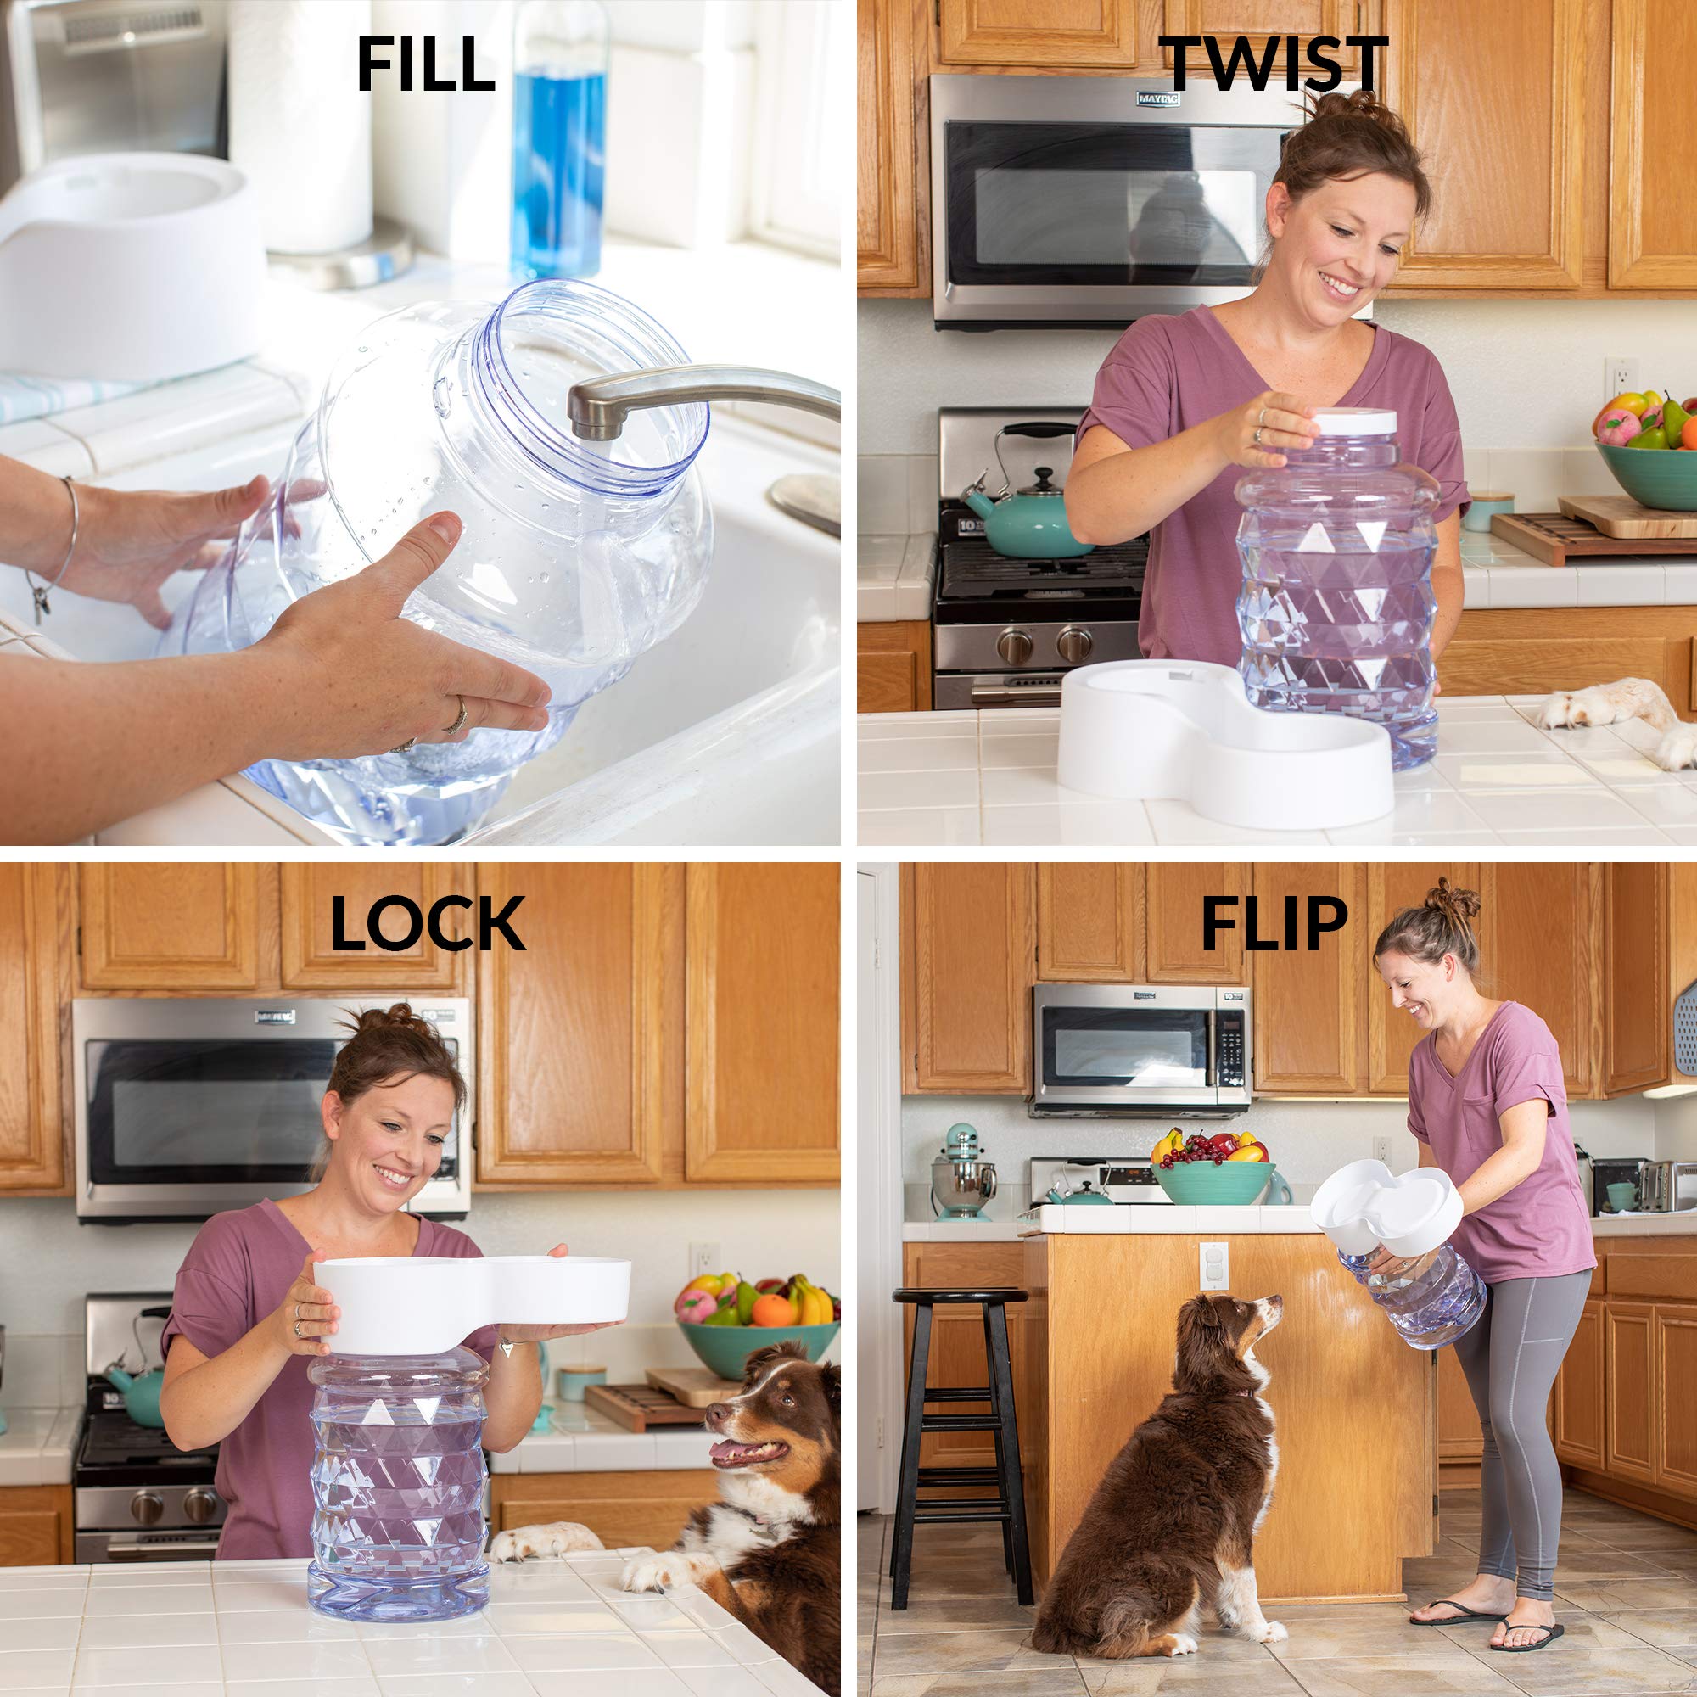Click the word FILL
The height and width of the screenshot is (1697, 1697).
[x=425, y=65]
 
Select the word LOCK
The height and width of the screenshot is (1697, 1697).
[x=427, y=925]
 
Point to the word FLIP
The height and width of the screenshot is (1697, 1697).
[x=1274, y=925]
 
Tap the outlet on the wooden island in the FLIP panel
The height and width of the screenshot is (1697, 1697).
[x=1213, y=1265]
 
